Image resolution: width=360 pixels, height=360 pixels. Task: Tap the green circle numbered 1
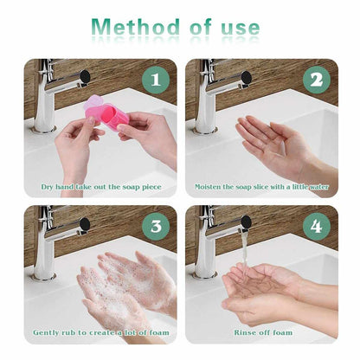pos(156,80)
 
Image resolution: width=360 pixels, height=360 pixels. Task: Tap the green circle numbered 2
pos(316,80)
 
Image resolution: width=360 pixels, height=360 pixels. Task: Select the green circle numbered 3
pos(156,226)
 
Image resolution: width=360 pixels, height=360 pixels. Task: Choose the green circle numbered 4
pos(316,226)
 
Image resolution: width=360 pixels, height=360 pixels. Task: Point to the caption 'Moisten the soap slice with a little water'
pos(261,186)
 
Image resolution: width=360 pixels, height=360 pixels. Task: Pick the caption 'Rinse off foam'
pos(261,332)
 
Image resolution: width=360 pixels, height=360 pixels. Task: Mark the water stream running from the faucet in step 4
pos(245,251)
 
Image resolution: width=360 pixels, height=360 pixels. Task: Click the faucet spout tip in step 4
pos(246,222)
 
